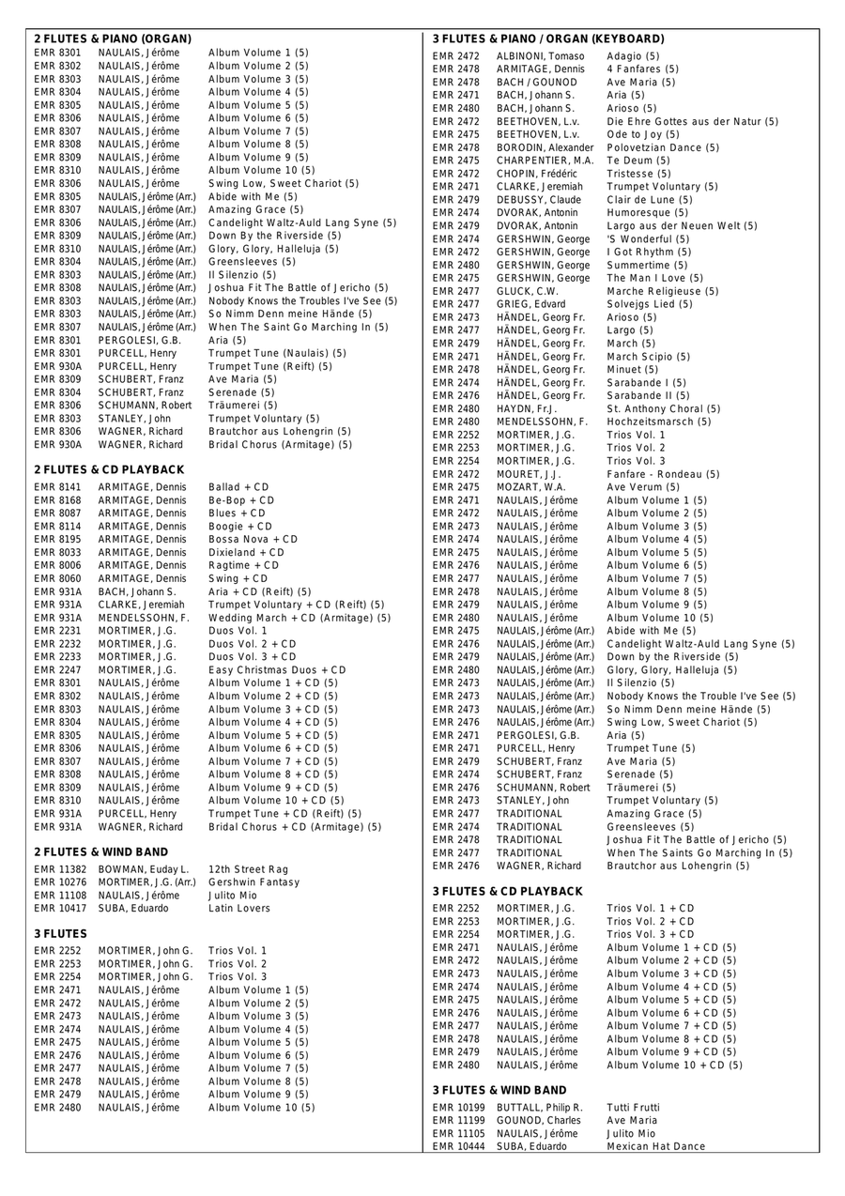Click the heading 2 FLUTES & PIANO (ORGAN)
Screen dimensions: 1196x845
coord(113,39)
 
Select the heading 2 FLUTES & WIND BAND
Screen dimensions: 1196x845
coord(101,851)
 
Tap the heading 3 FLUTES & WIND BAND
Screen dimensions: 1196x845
coord(499,1090)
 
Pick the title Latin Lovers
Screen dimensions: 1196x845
coord(239,909)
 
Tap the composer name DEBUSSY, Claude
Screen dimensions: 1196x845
coord(539,200)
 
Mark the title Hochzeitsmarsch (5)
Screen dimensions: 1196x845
coord(659,422)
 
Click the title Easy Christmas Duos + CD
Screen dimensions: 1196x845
coord(277,670)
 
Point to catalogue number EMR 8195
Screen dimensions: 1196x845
coord(57,540)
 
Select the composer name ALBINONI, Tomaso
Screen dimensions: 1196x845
coord(541,56)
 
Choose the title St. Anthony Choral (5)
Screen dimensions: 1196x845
coord(664,408)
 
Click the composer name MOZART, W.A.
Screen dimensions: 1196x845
coord(531,487)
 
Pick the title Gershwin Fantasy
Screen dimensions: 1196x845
coord(254,882)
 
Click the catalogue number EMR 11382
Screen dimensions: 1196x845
coord(60,869)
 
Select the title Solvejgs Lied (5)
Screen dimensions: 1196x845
coord(650,304)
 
